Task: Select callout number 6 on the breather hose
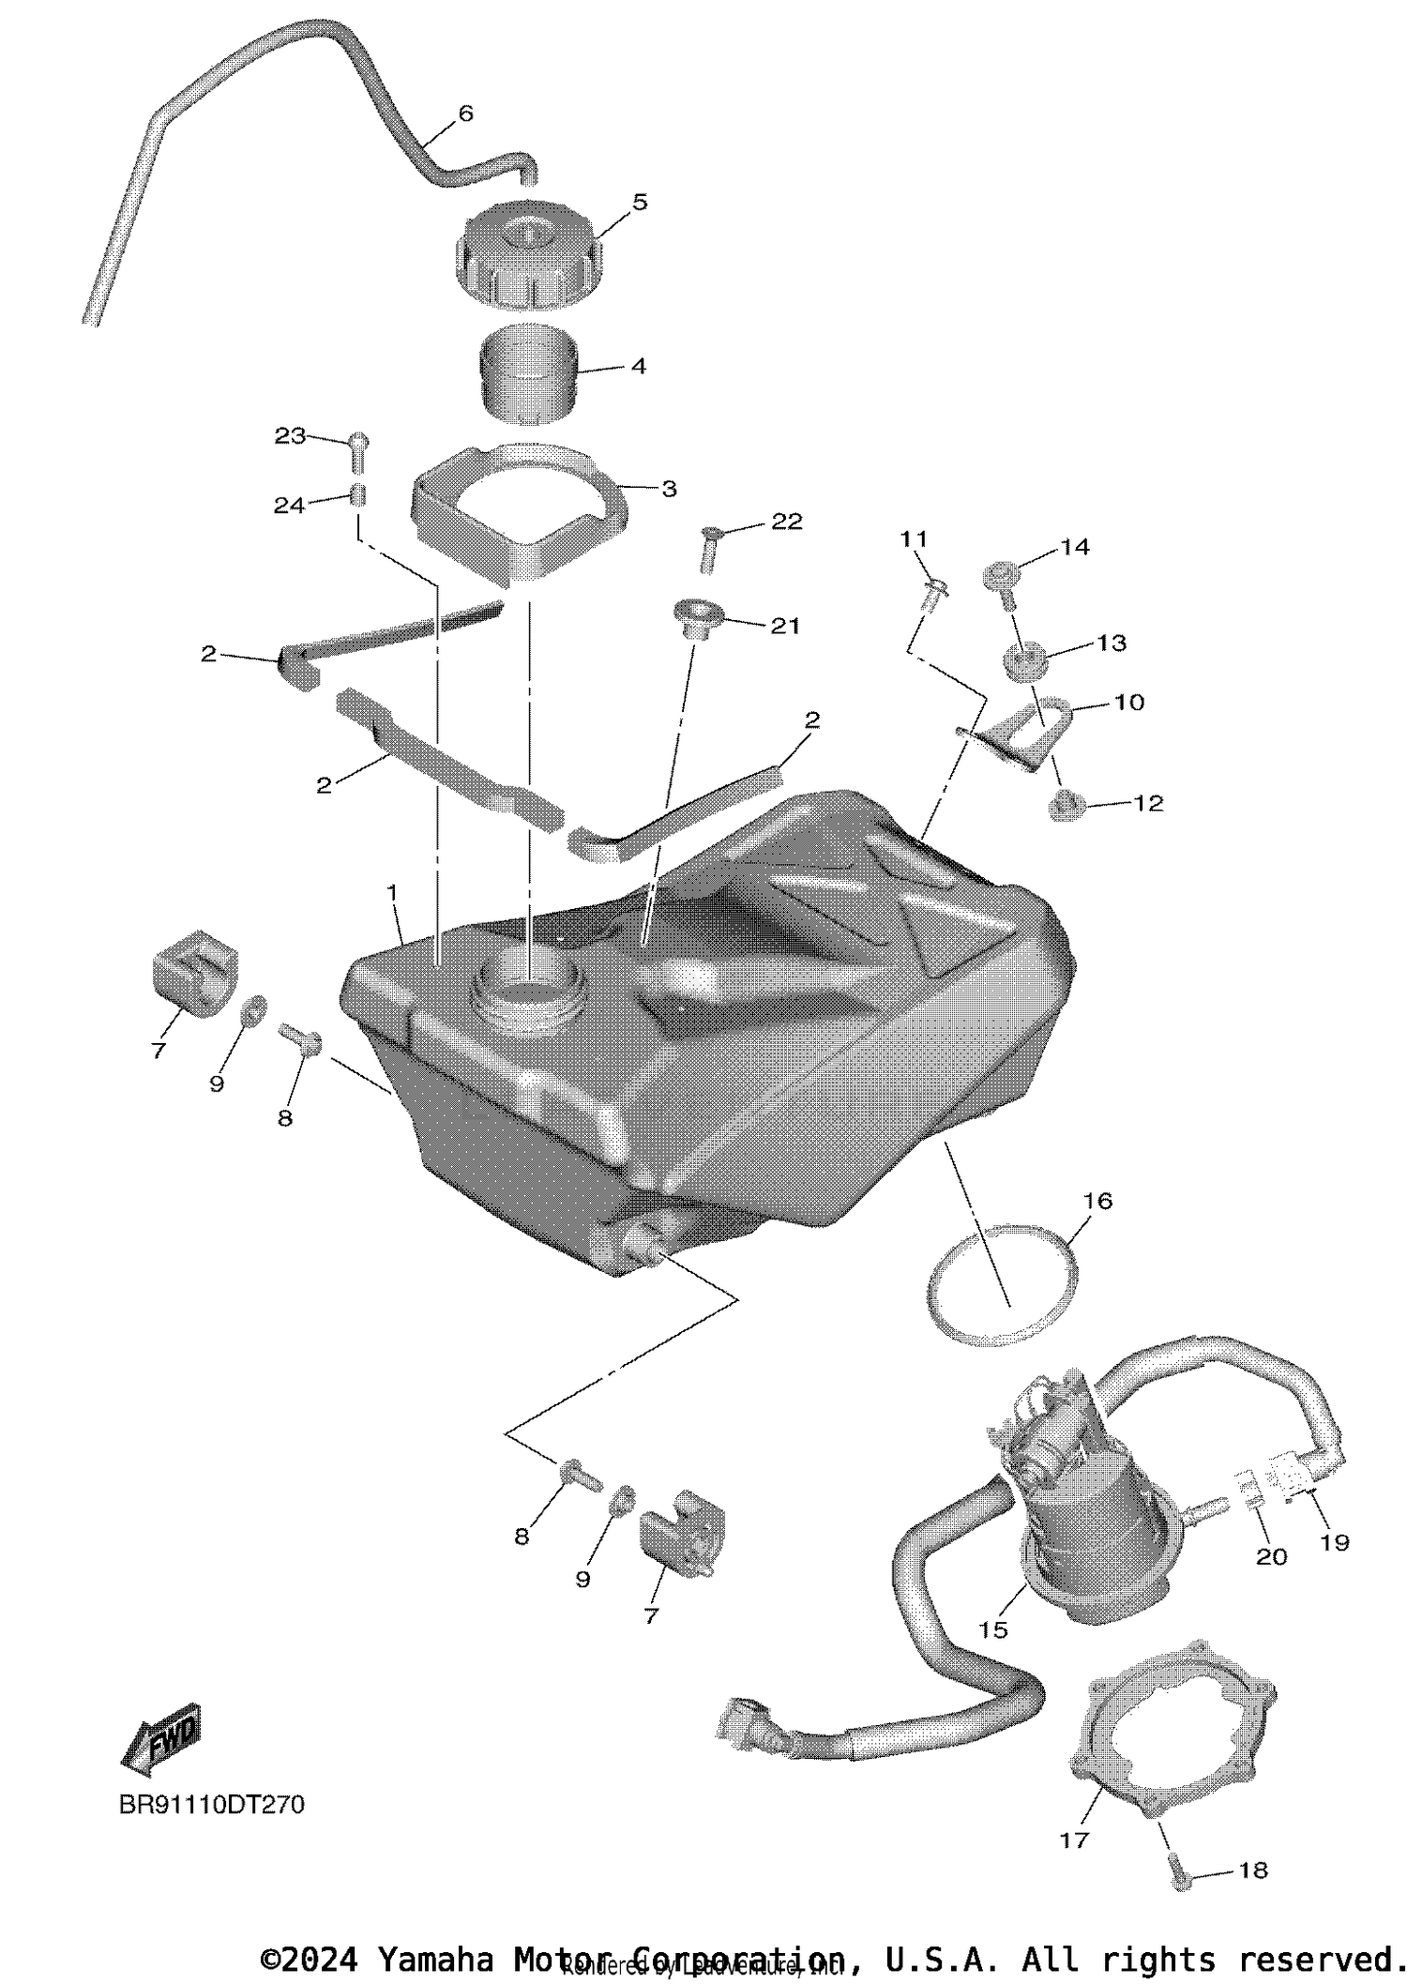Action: [465, 114]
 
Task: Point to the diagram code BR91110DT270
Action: [212, 1805]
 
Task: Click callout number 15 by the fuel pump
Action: [992, 1629]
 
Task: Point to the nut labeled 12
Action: [1064, 805]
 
